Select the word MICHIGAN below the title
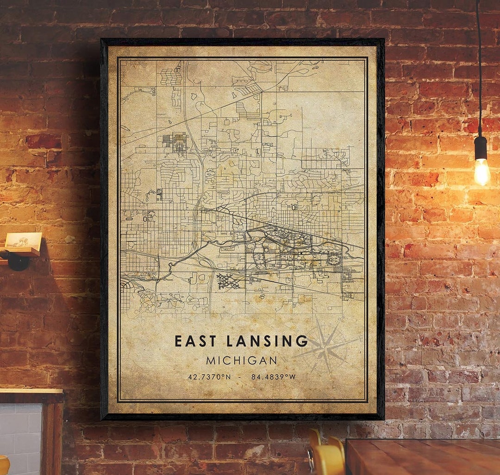click(242, 360)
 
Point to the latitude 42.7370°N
click(209, 377)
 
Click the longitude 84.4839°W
click(273, 377)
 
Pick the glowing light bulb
click(481, 171)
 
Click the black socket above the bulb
click(481, 148)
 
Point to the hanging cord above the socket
click(479, 70)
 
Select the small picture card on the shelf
click(23, 240)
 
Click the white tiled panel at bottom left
click(21, 436)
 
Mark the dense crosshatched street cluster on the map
click(228, 281)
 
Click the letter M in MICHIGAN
click(211, 360)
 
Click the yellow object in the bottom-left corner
click(4, 466)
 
